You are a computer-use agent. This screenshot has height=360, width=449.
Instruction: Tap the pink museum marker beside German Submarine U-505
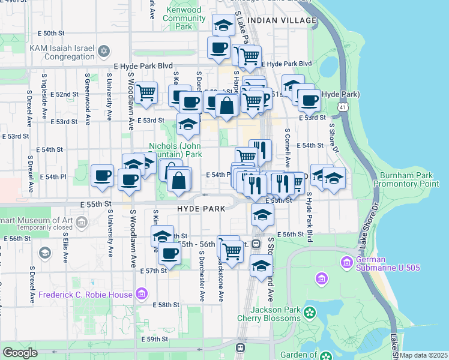pos(346,262)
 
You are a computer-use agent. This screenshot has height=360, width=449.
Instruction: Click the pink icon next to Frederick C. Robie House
pos(142,294)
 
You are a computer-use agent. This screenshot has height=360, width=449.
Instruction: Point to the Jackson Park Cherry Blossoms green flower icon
pos(310,312)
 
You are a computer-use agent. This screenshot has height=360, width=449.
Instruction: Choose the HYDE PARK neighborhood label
pos(200,209)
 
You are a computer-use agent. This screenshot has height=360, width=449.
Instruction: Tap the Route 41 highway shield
pos(342,106)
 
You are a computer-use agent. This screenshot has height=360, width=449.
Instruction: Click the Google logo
pos(20,353)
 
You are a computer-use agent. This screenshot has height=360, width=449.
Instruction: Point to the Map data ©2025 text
pos(424,355)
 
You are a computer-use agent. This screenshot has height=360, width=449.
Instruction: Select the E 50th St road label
pos(50,34)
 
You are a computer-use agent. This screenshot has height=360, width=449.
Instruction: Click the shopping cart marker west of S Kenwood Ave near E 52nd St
pos(146,93)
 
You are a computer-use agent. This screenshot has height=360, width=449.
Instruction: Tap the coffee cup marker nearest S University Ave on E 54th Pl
pos(101,175)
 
